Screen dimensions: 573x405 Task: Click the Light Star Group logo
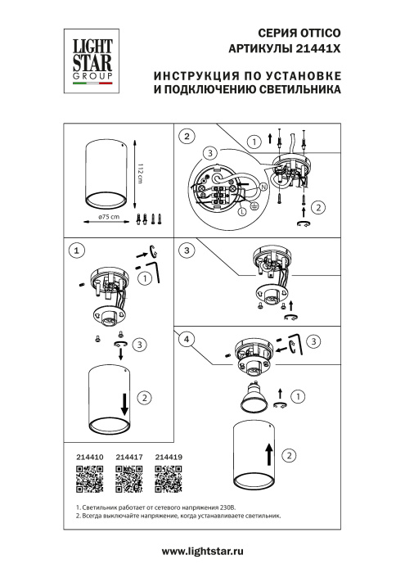coord(89,56)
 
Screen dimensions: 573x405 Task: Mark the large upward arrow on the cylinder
coord(267,449)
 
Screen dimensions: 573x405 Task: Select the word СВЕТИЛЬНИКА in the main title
coord(288,92)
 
